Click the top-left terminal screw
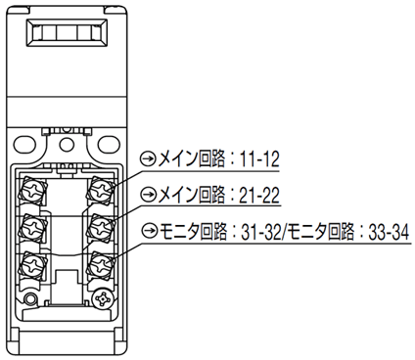[x=32, y=190]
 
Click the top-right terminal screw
[x=101, y=190]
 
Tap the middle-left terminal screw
[x=32, y=226]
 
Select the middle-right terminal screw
[x=101, y=226]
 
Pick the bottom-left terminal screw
[x=32, y=264]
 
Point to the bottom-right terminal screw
[x=101, y=264]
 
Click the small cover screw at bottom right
[x=103, y=298]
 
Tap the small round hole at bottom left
[x=31, y=297]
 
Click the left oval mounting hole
[x=24, y=144]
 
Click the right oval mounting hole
[x=110, y=144]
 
